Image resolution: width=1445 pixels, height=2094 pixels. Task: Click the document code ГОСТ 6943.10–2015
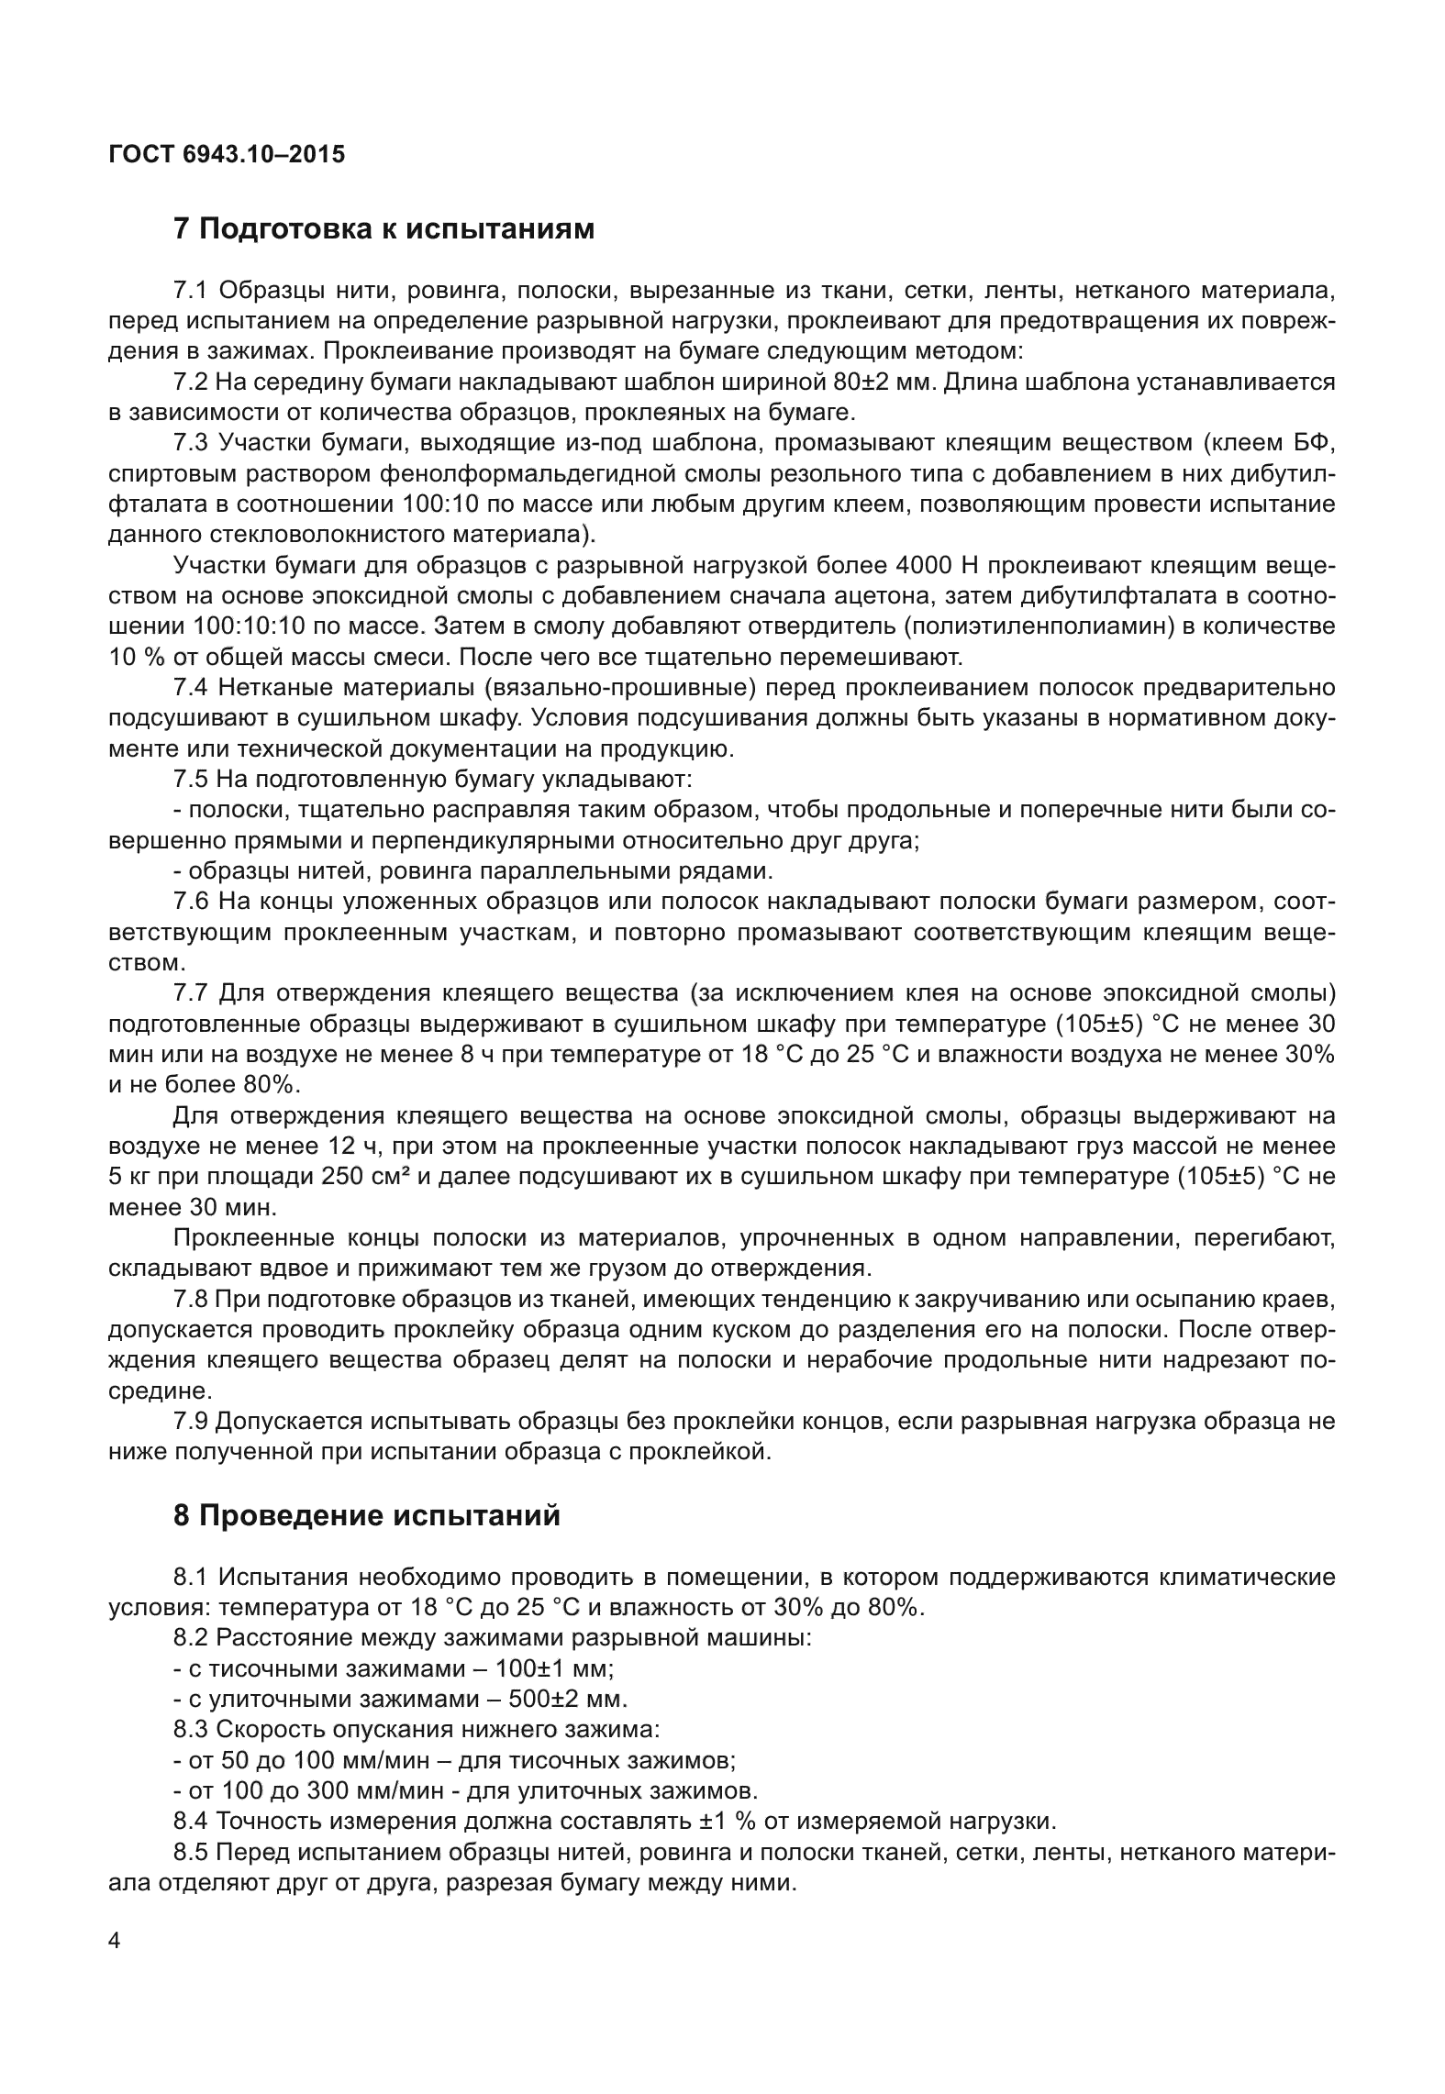[x=227, y=154]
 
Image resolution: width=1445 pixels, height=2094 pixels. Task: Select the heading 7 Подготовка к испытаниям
[x=383, y=228]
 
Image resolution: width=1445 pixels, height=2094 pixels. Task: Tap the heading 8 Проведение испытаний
[x=366, y=1515]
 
